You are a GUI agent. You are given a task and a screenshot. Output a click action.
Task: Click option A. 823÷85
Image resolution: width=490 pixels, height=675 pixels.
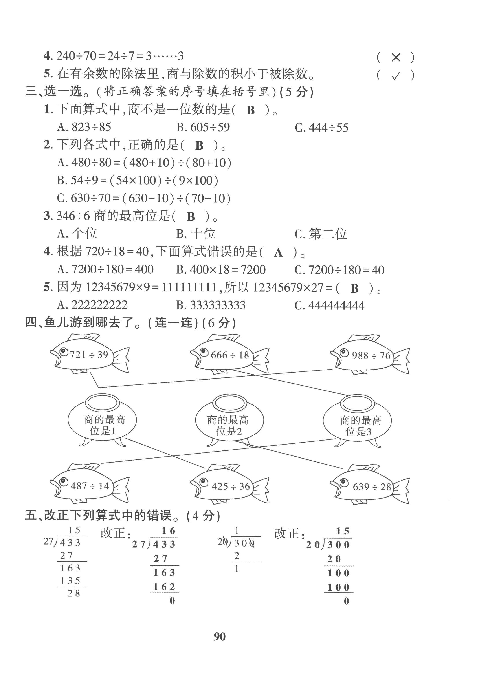click(x=84, y=127)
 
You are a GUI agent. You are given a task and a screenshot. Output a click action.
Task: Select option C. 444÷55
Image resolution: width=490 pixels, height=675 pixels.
click(x=321, y=128)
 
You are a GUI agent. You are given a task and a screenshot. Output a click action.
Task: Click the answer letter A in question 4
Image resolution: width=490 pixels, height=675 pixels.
click(x=278, y=253)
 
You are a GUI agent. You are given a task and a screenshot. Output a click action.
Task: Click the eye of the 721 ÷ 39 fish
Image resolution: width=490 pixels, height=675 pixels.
click(x=63, y=351)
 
